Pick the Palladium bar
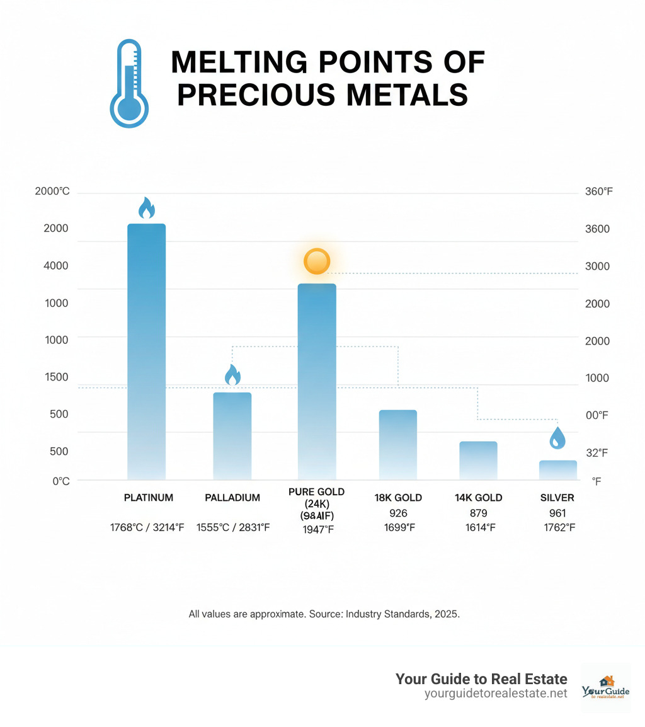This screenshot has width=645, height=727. (x=232, y=435)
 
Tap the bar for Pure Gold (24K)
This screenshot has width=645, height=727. (x=317, y=381)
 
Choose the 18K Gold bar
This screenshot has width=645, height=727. (x=397, y=444)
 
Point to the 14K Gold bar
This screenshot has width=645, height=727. (x=478, y=460)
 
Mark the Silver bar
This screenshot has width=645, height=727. (x=557, y=469)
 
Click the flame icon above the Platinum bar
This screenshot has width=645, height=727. (x=146, y=207)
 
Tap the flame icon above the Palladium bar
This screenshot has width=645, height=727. (x=232, y=375)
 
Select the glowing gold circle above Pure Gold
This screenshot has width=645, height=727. (x=316, y=261)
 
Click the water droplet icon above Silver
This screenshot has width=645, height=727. (x=557, y=437)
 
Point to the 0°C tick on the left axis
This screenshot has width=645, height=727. (x=60, y=481)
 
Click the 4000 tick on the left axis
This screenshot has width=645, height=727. (x=55, y=265)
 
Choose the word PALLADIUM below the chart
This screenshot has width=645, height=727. (x=232, y=498)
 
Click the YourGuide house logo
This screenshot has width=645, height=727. (x=605, y=687)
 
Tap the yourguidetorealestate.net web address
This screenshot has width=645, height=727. (x=496, y=693)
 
